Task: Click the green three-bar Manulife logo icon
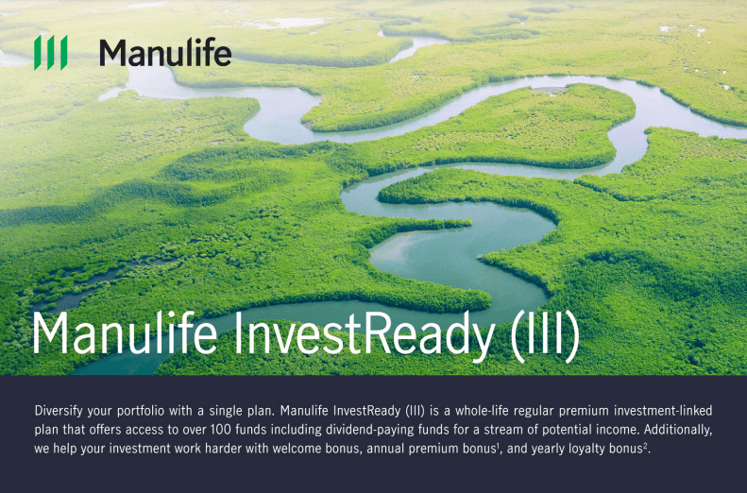pyautogui.click(x=50, y=53)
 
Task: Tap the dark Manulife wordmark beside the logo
pyautogui.click(x=164, y=53)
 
